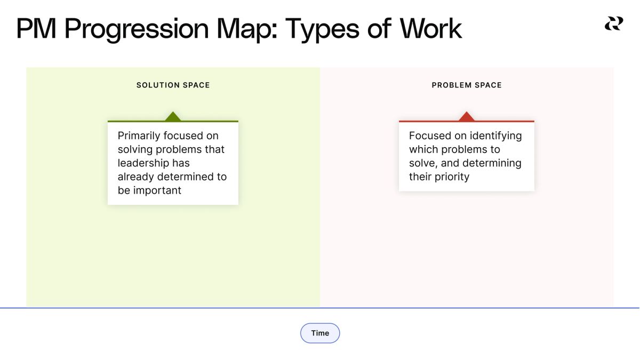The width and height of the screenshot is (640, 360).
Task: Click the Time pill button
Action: [x=320, y=333]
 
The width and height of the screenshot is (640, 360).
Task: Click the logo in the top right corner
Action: [x=613, y=23]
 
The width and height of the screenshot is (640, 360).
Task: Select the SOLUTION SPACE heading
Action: [x=173, y=85]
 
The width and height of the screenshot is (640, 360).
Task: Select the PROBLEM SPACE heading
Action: [x=467, y=85]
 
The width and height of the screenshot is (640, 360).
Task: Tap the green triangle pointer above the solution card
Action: [x=173, y=116]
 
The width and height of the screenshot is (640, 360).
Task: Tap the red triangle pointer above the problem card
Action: [x=467, y=116]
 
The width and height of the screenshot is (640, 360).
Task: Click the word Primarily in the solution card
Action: [x=139, y=136]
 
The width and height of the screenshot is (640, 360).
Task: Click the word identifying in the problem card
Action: [x=495, y=136]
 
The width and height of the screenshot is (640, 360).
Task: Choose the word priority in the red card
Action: [x=451, y=177]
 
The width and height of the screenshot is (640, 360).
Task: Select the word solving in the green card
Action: [x=135, y=149]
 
